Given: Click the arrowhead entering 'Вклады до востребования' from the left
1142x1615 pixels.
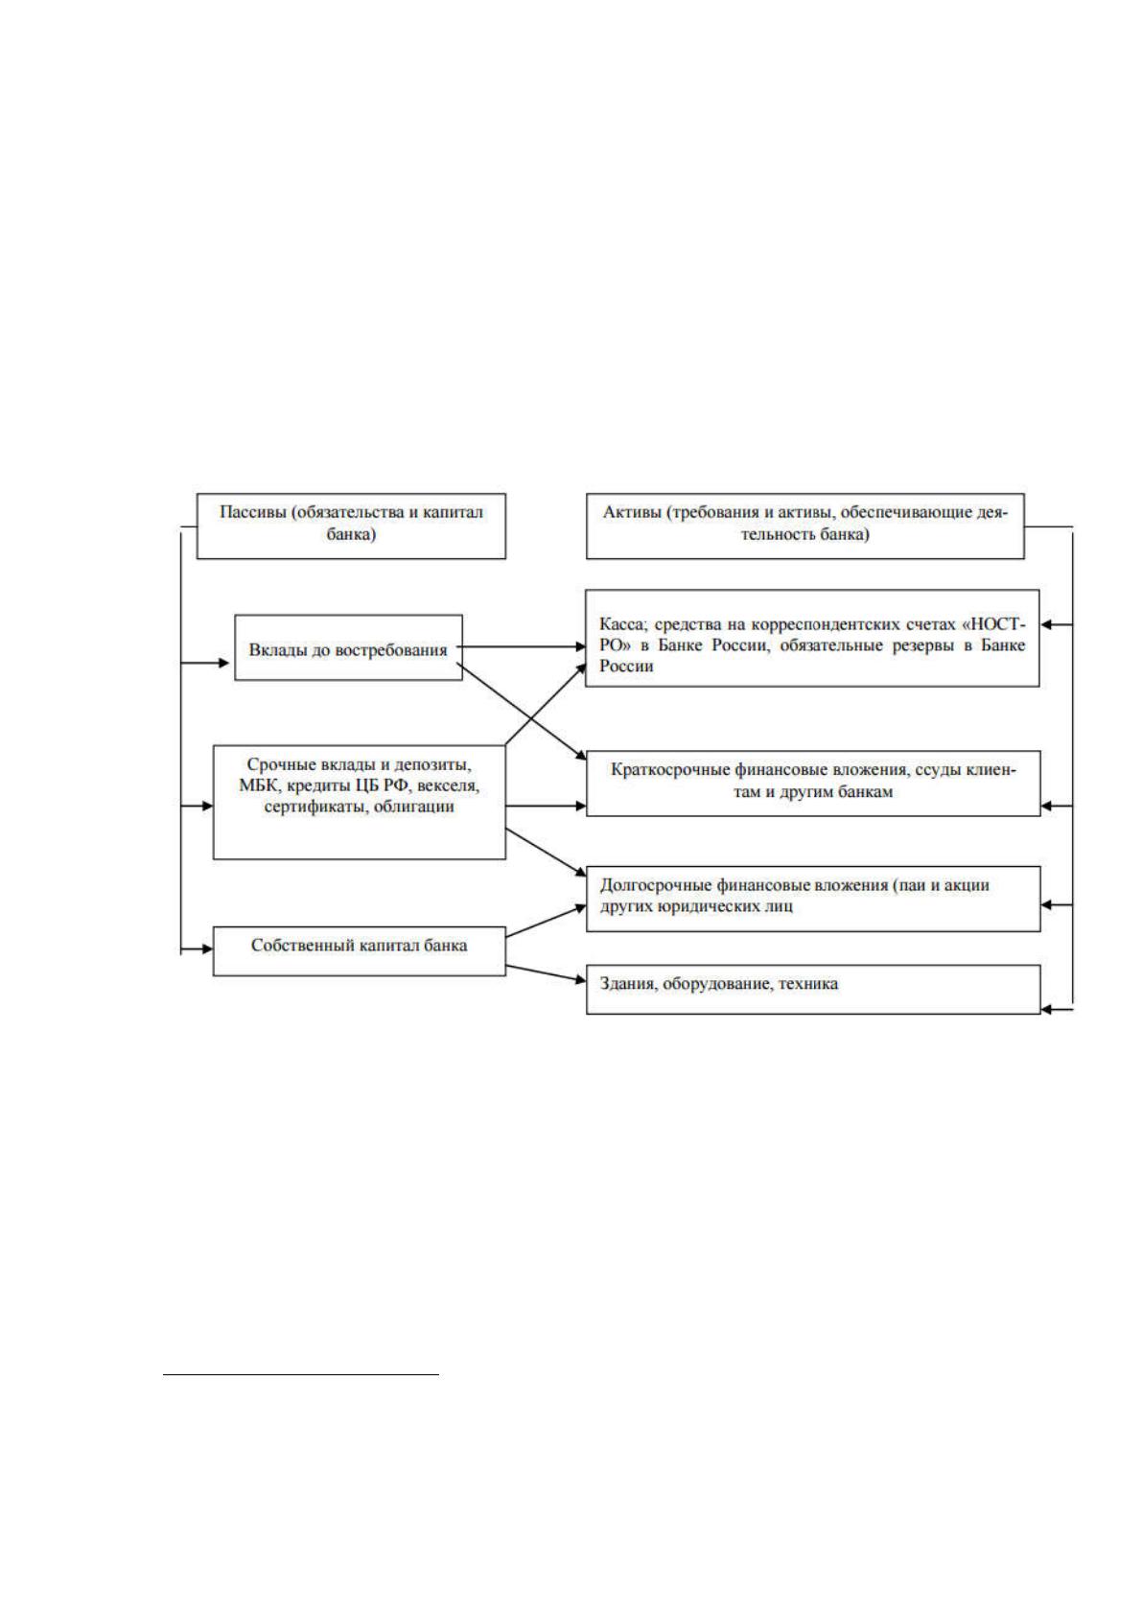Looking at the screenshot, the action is point(224,663).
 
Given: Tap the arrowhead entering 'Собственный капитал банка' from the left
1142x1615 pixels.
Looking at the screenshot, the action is point(208,948).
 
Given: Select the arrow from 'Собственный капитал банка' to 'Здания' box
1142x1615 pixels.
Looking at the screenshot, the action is point(546,972).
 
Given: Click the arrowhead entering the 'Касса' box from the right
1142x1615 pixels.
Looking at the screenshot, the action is point(1047,624).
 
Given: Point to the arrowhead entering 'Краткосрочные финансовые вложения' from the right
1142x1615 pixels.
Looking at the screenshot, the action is point(1047,806).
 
